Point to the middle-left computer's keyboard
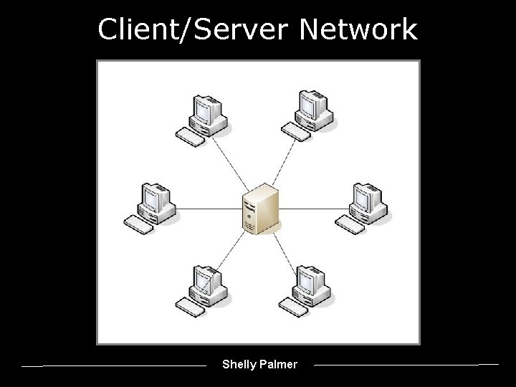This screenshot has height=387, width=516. pyautogui.click(x=138, y=224)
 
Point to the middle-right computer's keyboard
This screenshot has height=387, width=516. pyautogui.click(x=350, y=224)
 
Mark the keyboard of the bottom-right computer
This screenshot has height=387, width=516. pyautogui.click(x=293, y=307)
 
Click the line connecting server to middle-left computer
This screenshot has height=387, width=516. pyautogui.click(x=208, y=209)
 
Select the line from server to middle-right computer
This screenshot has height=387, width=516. pyautogui.click(x=308, y=209)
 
